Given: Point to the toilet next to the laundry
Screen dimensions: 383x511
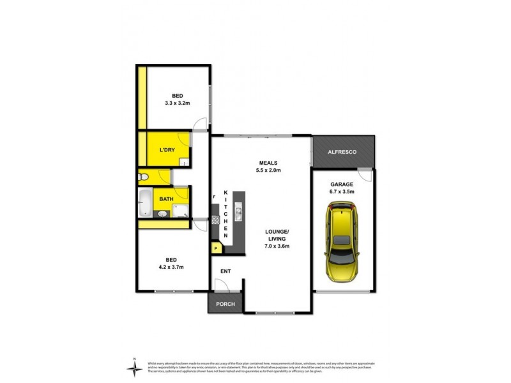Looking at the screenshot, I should click(x=143, y=177).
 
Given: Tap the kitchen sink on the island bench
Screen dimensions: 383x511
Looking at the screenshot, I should click(x=238, y=211).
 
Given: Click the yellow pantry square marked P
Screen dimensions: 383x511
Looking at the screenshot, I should click(x=216, y=248).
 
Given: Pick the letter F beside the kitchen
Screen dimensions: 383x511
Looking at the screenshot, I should click(x=214, y=198).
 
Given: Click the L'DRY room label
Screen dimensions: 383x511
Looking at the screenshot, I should click(x=167, y=151).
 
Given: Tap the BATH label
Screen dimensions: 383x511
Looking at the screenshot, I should click(x=167, y=199).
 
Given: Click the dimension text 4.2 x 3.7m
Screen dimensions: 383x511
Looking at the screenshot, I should click(x=171, y=267).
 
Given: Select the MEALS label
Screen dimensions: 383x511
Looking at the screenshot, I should click(x=266, y=162).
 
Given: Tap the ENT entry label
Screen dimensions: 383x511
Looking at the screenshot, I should click(x=225, y=272).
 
